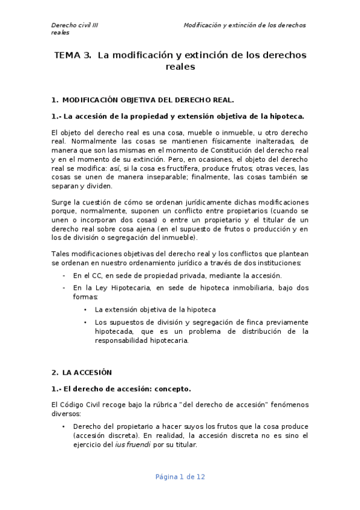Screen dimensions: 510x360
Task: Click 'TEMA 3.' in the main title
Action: pos(73,55)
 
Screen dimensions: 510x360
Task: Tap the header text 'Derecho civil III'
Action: pos(75,25)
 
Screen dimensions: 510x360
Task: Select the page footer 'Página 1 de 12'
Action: pos(180,477)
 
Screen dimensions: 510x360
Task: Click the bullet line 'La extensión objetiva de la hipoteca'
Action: pos(155,310)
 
